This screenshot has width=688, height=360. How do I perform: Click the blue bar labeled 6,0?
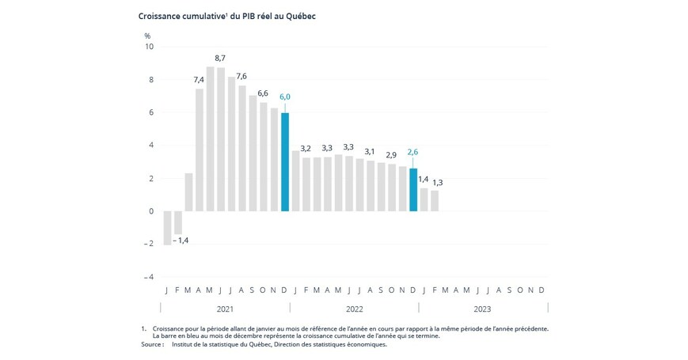point(285,162)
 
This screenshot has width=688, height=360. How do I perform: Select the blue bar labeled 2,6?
point(413,190)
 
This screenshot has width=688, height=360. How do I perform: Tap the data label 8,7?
point(220,58)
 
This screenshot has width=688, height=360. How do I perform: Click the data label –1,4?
point(182,240)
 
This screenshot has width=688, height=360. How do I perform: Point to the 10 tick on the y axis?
point(149,47)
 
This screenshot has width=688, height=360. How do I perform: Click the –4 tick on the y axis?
point(148,278)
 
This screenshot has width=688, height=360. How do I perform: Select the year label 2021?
point(225,309)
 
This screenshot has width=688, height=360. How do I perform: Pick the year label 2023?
point(483,309)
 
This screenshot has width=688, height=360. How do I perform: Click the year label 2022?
point(354,309)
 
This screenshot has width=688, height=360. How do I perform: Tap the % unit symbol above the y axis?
point(147,36)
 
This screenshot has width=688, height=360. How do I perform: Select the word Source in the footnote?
point(151,344)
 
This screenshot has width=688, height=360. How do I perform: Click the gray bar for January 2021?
point(167,228)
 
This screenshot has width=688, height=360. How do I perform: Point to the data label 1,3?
point(437,183)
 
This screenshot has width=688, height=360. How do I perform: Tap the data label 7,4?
point(199,79)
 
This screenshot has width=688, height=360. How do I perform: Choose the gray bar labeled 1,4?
point(424,199)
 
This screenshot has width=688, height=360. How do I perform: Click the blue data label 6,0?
point(285,97)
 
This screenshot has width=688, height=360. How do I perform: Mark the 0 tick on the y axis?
point(150,211)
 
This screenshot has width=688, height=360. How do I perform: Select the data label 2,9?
point(391,154)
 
